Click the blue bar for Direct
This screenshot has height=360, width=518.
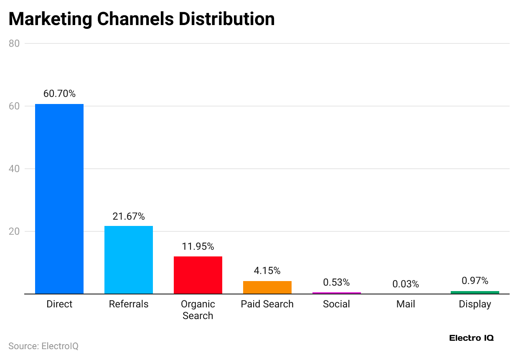click(59, 199)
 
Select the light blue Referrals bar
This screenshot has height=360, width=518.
click(129, 260)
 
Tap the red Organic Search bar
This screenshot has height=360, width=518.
click(198, 275)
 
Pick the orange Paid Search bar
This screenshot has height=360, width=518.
click(267, 287)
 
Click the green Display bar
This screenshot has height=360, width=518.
click(475, 292)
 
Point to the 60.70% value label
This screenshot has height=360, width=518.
click(59, 94)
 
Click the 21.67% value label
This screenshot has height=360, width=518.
click(129, 216)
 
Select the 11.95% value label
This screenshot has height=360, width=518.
click(198, 246)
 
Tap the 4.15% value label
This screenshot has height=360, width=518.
click(267, 271)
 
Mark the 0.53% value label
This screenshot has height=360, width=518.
click(336, 282)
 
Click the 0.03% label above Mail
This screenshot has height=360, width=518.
click(406, 284)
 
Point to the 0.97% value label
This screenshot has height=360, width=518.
click(475, 281)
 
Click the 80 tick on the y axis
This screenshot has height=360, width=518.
click(14, 43)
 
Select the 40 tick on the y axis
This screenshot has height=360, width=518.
click(14, 169)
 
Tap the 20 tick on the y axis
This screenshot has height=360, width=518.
click(14, 231)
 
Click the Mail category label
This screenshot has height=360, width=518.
click(406, 304)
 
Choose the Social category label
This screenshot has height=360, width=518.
click(336, 304)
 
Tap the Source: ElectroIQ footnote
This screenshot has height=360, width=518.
click(43, 346)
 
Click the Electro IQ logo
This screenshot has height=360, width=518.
click(471, 338)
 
